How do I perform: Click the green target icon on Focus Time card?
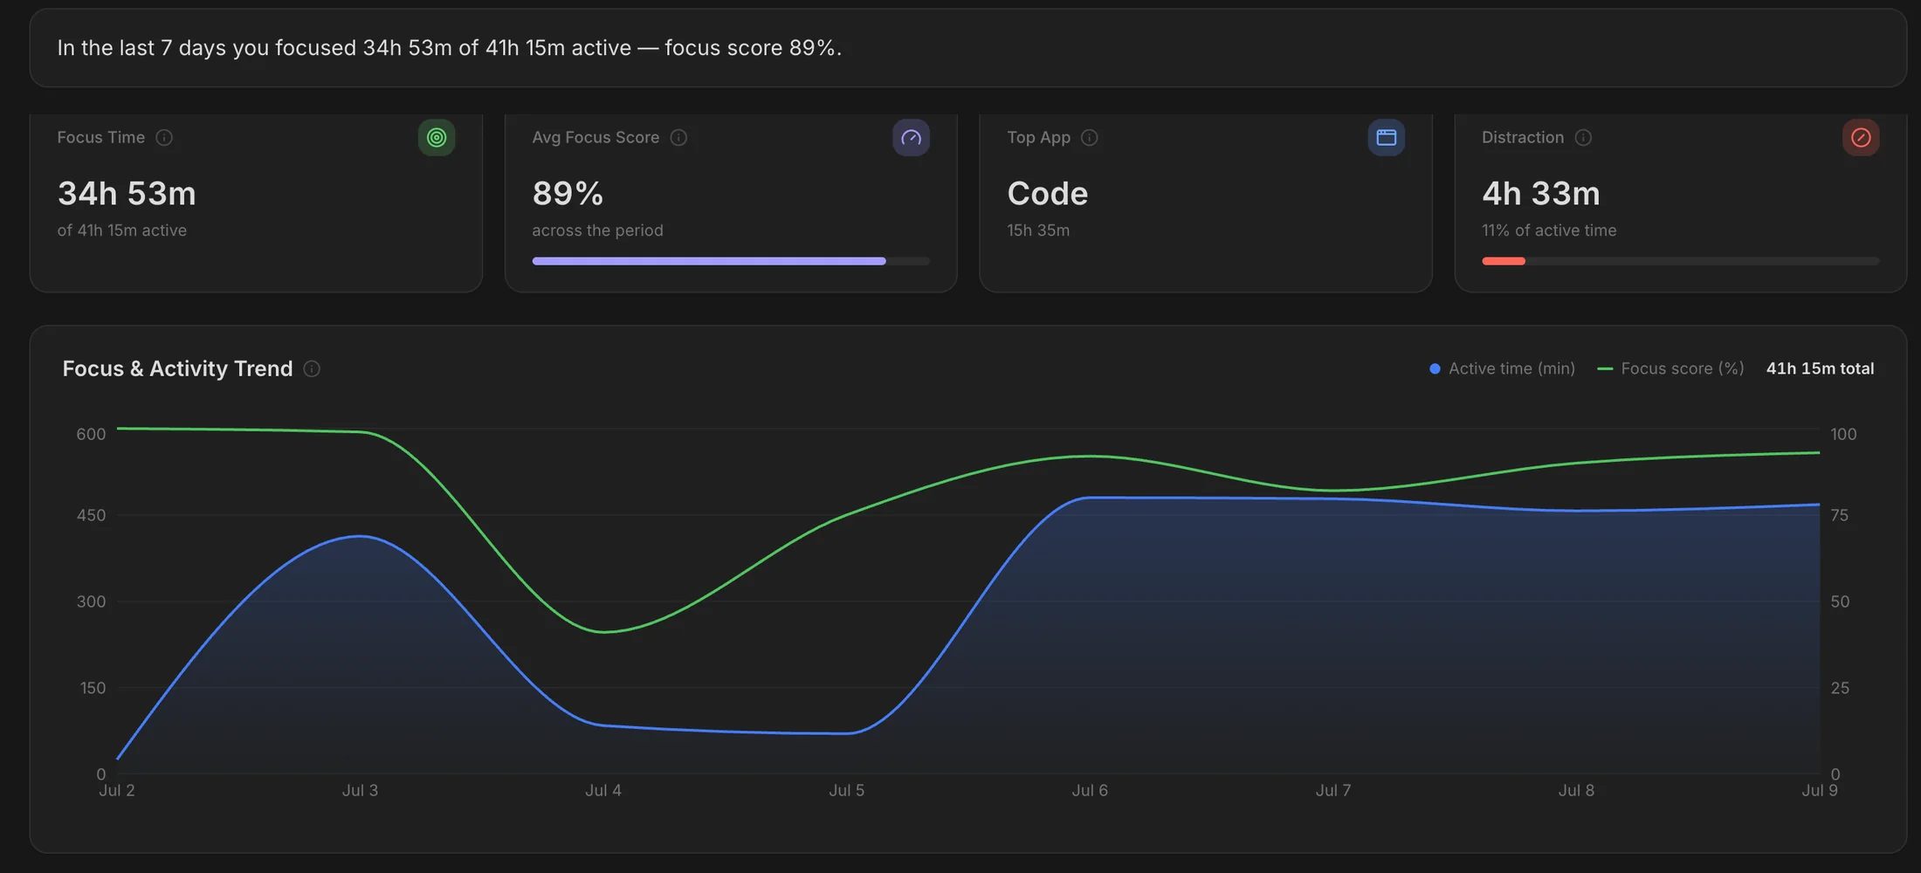437,137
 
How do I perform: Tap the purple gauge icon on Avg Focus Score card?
911,137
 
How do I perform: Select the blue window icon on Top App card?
1386,137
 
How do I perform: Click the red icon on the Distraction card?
1861,137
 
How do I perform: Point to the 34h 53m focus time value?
127,193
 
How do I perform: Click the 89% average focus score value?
568,193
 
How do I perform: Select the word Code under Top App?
1048,193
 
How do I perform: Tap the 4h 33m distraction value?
1541,193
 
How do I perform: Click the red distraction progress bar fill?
1504,261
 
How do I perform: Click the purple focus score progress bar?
709,261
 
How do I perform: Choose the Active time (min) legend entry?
1503,368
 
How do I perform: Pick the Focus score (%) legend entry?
1670,368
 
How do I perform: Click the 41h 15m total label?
1820,368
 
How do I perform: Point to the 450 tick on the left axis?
91,515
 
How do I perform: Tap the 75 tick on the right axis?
1840,515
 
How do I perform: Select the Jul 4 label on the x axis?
603,790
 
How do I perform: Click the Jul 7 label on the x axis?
1333,790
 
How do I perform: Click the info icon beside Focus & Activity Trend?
312,368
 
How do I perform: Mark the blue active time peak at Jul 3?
361,536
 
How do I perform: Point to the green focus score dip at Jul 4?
603,632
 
